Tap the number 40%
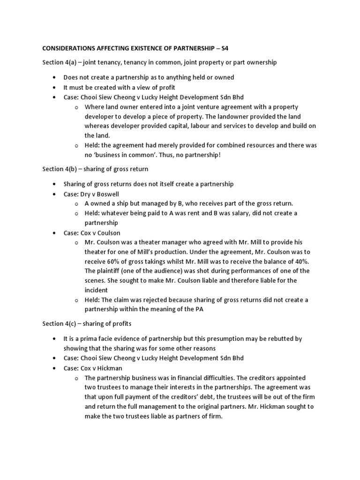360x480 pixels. (x=300, y=261)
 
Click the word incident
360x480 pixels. (x=97, y=290)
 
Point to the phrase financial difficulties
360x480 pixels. (x=212, y=377)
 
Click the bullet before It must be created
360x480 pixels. (x=55, y=87)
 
